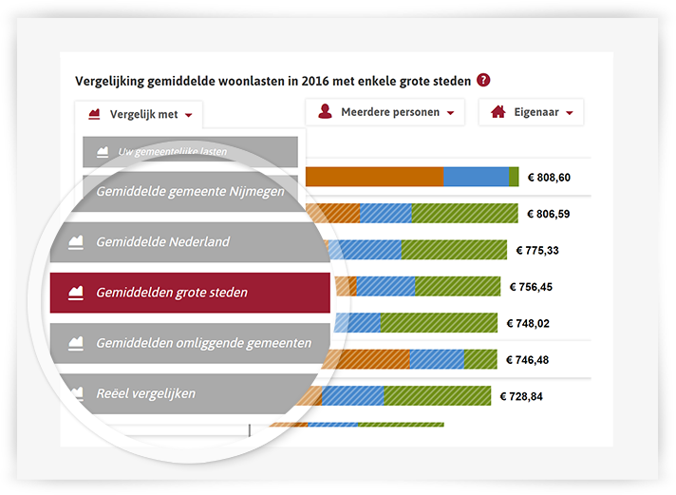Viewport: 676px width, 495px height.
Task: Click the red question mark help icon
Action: coord(484,81)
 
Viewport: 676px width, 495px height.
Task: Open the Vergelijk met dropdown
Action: coord(140,115)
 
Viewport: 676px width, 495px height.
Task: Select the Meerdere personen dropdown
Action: coord(385,112)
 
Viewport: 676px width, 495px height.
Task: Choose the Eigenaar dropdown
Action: coord(531,112)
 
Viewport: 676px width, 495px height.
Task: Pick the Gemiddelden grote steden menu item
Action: coord(190,293)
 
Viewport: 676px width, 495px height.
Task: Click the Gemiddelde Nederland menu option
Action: coord(190,241)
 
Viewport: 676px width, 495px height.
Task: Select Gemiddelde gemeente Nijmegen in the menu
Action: coord(190,190)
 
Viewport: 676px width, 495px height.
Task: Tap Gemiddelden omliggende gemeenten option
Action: coord(190,343)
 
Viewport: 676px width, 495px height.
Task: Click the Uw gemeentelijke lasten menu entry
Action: coord(190,151)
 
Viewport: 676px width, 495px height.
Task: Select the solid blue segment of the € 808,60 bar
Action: coord(476,177)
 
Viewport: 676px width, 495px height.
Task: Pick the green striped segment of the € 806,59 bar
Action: coord(465,214)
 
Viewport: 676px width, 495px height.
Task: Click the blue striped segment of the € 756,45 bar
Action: coord(386,286)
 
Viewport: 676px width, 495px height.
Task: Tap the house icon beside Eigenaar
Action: coord(498,112)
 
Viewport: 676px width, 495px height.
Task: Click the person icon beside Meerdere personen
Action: coord(325,112)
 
